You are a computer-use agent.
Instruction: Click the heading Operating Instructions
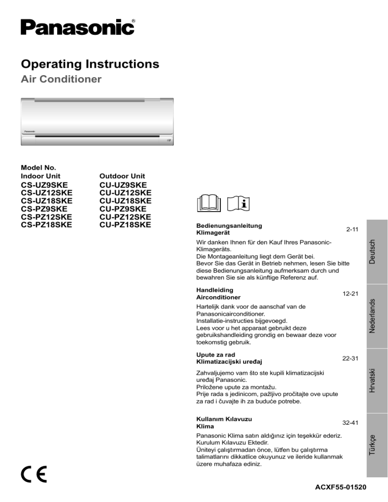[90, 64]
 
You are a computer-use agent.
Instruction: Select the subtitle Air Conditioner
[61, 79]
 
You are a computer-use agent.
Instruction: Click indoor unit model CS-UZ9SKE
[44, 185]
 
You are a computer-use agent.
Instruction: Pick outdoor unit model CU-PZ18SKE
[125, 224]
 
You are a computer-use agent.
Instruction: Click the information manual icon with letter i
[239, 204]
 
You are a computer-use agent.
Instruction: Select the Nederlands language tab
[371, 316]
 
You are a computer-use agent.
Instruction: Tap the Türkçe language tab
[371, 444]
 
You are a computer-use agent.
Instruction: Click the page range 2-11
[352, 229]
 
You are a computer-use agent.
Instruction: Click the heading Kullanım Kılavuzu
[224, 419]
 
